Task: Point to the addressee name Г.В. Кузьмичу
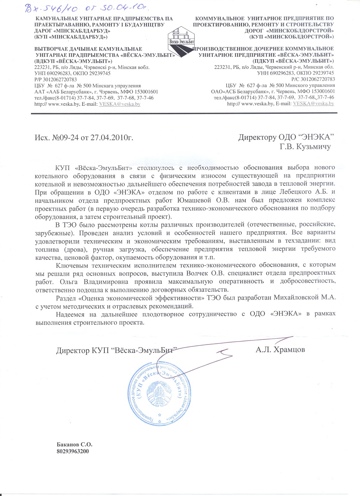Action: (x=305, y=146)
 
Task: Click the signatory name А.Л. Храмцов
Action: (x=280, y=349)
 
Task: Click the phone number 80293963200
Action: (x=73, y=451)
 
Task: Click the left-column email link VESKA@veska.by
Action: (x=119, y=104)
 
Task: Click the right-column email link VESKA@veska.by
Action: (x=313, y=104)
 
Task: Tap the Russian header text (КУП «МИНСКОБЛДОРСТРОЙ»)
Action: (x=291, y=37)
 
